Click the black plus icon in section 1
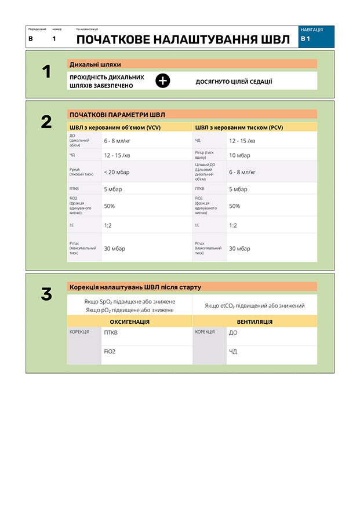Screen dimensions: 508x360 163,81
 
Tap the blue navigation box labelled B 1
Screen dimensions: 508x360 317,36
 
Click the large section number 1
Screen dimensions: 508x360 47,72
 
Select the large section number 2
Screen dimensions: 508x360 46,122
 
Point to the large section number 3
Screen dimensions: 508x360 46,294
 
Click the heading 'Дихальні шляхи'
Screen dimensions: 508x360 95,64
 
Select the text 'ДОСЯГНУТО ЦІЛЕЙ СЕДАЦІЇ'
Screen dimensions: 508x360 234,82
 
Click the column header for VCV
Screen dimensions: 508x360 115,127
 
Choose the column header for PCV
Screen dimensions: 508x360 239,127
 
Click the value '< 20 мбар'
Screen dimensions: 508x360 117,172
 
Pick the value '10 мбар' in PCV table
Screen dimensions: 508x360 239,155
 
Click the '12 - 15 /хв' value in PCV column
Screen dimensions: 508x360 243,140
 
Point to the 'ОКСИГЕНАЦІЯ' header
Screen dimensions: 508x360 129,321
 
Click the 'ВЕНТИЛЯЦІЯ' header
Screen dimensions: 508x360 254,321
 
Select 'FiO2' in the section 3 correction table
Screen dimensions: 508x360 110,351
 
